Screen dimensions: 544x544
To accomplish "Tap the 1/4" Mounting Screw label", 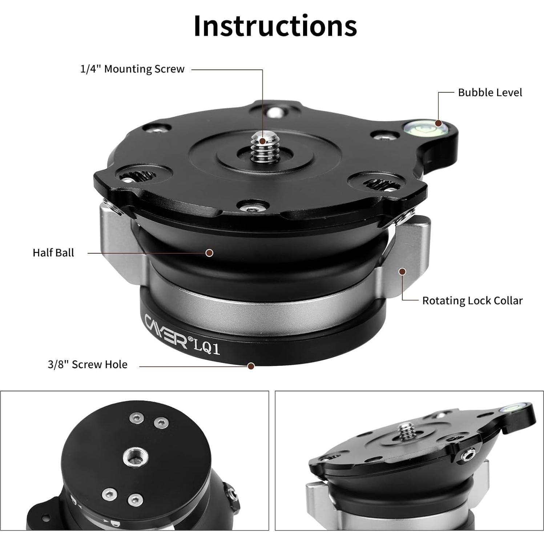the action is tap(132, 69).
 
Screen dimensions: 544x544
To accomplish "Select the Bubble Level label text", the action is tap(490, 93).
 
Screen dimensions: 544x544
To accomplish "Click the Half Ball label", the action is tap(53, 253).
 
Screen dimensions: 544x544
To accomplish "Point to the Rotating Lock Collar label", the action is tap(472, 301).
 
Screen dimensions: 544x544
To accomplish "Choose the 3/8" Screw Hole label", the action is tap(88, 364).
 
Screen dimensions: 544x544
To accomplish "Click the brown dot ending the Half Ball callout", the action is tap(209, 253).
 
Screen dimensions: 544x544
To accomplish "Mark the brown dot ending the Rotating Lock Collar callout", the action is tap(402, 271).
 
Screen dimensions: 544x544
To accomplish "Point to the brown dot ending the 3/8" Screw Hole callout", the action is tap(251, 366).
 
